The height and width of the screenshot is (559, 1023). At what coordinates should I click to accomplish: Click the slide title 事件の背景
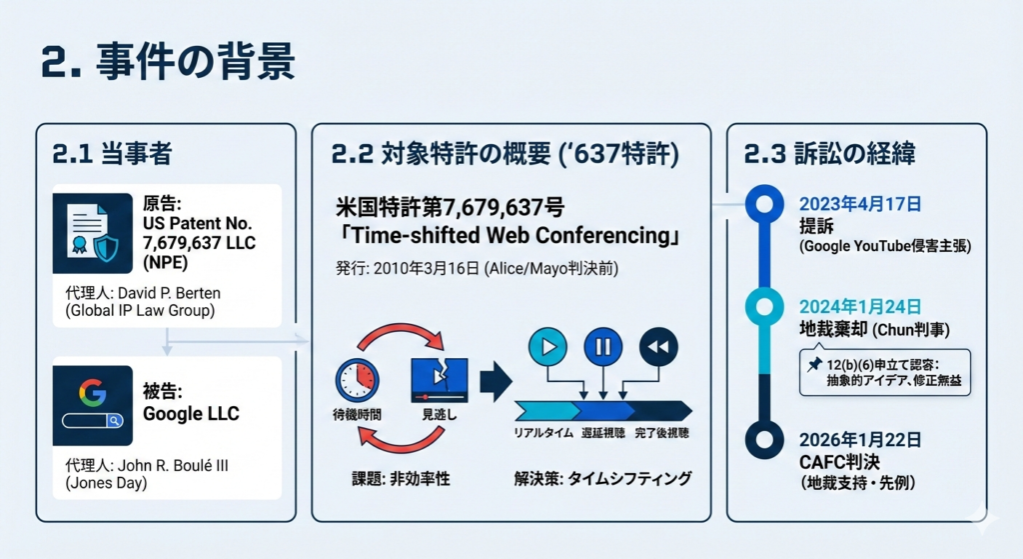pos(195,61)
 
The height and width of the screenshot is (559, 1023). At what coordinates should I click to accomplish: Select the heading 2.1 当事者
pos(112,153)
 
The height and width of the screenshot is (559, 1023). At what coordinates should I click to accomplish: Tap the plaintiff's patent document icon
pos(93,233)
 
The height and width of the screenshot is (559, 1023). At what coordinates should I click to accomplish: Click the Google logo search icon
pos(93,406)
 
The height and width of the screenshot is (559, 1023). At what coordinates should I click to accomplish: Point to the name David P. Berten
pos(169,293)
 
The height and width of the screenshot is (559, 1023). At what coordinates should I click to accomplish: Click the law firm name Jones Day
pos(106,483)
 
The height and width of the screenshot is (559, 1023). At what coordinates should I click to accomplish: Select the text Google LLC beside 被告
pos(191,413)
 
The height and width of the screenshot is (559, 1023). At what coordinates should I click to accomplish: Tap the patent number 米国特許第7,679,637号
pos(451,208)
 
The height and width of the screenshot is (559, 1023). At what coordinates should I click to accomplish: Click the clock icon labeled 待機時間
pos(357,379)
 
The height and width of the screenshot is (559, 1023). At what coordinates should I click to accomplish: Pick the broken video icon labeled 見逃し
pos(440,379)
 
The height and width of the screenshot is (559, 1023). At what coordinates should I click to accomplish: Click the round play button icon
pos(548,347)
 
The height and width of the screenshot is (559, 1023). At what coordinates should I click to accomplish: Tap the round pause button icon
pos(603,347)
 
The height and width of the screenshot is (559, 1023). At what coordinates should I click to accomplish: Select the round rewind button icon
pos(659,347)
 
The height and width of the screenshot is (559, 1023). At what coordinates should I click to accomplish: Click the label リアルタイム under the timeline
pos(543,432)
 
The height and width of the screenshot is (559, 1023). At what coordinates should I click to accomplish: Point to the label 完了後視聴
pos(661,432)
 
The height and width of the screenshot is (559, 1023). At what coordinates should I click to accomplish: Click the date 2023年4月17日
pos(860,204)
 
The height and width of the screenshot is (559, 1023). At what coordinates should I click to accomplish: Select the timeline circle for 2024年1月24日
pos(764,307)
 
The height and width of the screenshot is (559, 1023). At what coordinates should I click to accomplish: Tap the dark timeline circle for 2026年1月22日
pos(764,439)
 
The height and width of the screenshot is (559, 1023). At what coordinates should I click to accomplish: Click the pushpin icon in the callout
pos(813,364)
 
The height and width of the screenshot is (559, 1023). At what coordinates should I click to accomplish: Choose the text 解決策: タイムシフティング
pos(602,479)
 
